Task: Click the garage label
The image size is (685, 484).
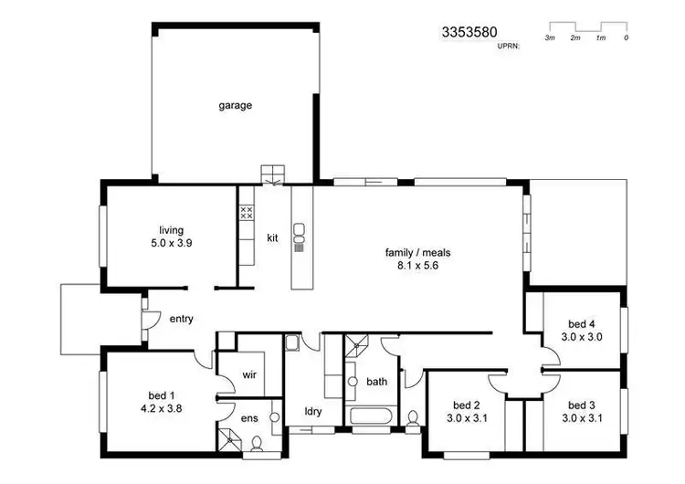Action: [x=235, y=105]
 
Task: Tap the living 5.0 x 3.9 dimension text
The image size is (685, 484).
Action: [x=172, y=244]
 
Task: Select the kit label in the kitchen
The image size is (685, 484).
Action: [x=272, y=238]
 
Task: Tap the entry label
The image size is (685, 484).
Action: [x=180, y=319]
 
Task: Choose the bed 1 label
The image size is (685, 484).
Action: [x=153, y=395]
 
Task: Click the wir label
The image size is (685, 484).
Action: [x=249, y=375]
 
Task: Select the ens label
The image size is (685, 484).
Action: [x=248, y=418]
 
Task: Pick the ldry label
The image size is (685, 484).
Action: [x=312, y=412]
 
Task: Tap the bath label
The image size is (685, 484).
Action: [x=376, y=381]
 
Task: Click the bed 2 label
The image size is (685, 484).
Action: [x=466, y=405]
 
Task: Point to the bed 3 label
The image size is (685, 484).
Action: [x=581, y=405]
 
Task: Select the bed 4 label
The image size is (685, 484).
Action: [x=582, y=323]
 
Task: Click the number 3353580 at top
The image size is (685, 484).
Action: [x=469, y=32]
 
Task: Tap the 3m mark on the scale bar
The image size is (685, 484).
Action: [x=550, y=37]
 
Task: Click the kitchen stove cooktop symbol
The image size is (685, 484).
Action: [x=245, y=213]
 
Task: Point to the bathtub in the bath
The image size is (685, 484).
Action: [x=370, y=419]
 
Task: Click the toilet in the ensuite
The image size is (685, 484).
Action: [x=257, y=445]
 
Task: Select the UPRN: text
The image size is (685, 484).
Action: [x=508, y=44]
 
